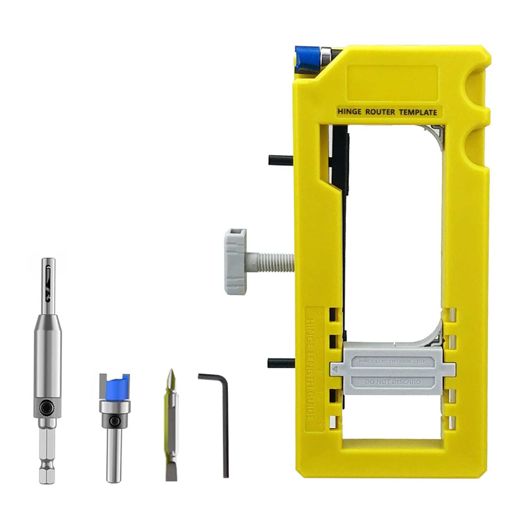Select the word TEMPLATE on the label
tap(418, 112)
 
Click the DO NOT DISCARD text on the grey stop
tap(392, 382)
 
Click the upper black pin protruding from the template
tap(280, 160)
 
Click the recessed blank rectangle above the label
tap(393, 82)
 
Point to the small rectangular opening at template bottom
tap(391, 450)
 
